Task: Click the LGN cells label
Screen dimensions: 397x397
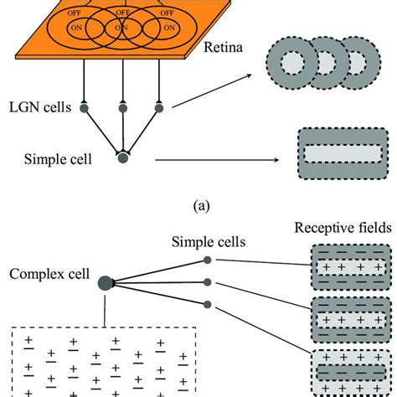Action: click(48, 106)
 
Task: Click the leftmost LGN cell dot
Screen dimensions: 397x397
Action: click(84, 106)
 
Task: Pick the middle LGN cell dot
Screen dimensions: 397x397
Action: click(123, 106)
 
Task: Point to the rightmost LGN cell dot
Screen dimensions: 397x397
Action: click(159, 106)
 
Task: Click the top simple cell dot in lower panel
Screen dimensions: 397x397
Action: click(209, 260)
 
